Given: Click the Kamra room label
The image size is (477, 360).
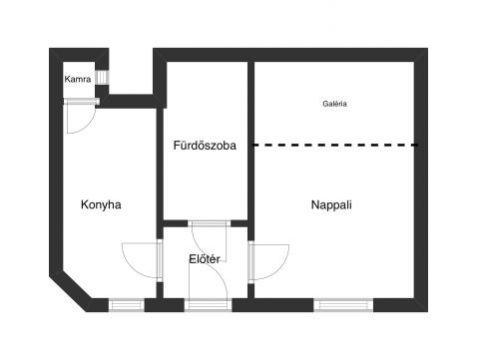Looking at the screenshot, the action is click(x=78, y=79).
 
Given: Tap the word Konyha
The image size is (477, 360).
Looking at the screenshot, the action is click(x=101, y=204).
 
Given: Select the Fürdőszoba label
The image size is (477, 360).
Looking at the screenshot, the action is click(x=205, y=146).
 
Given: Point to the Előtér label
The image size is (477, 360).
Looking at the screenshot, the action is click(x=205, y=259).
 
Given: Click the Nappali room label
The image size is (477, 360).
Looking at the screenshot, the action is click(x=331, y=204).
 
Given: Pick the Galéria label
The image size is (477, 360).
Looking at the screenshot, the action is click(x=334, y=104).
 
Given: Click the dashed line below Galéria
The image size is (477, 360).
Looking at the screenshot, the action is click(x=335, y=145).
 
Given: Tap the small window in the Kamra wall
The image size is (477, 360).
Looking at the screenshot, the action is click(x=102, y=78).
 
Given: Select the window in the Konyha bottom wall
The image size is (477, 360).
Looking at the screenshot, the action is click(x=127, y=305).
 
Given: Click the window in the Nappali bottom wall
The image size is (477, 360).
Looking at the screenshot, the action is click(x=343, y=305).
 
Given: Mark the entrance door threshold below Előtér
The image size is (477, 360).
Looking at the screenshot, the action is click(x=208, y=305).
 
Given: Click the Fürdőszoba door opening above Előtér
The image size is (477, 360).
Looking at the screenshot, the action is click(x=210, y=223).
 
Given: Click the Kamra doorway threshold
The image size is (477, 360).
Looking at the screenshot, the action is click(x=81, y=101).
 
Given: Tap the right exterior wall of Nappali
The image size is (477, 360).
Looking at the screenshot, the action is click(x=421, y=180).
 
